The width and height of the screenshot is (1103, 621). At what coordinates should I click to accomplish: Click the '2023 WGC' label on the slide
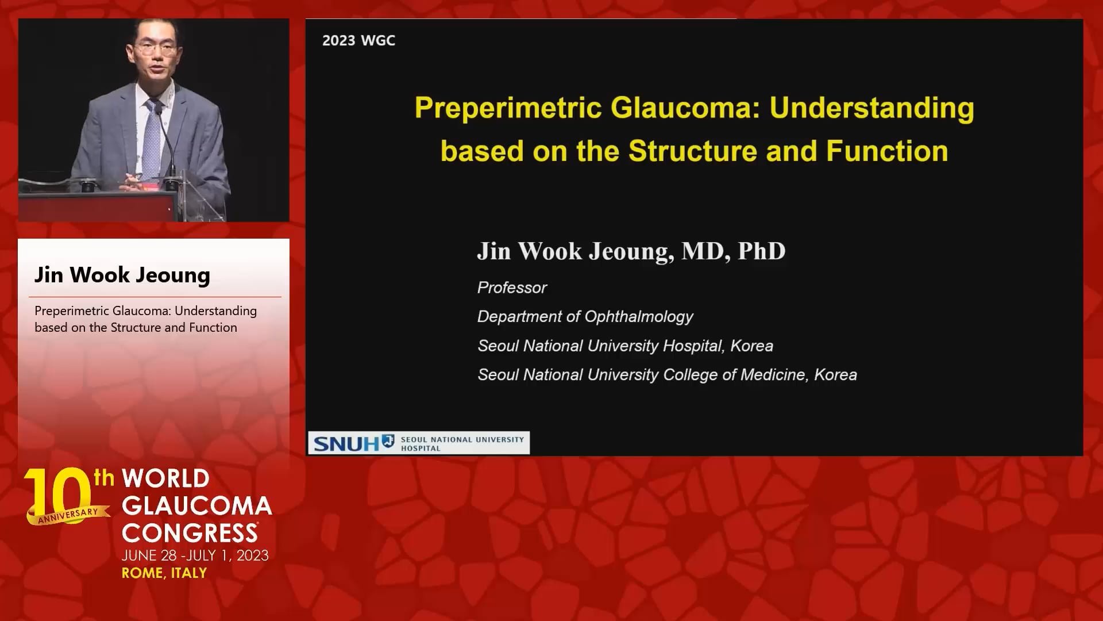pos(358,40)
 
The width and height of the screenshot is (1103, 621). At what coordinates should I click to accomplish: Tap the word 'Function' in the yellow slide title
pos(887,151)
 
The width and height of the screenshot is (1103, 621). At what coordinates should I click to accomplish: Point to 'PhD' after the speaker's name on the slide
pos(761,251)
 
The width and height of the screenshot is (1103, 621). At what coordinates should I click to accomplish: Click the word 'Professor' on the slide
pos(512,287)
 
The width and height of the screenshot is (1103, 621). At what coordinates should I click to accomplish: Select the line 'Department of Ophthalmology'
pos(585,317)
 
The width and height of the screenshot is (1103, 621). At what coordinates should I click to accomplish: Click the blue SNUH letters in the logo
pos(346,443)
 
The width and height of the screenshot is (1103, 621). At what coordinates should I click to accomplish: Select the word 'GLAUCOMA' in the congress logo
pos(196,506)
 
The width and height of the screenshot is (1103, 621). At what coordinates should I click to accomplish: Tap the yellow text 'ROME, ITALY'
pos(164,573)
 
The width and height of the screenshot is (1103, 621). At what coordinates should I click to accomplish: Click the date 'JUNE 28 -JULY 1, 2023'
pos(195,555)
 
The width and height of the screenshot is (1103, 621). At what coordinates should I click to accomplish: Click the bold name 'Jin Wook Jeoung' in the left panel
pos(122,275)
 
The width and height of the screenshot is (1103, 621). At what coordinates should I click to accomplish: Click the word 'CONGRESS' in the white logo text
pos(190,533)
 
